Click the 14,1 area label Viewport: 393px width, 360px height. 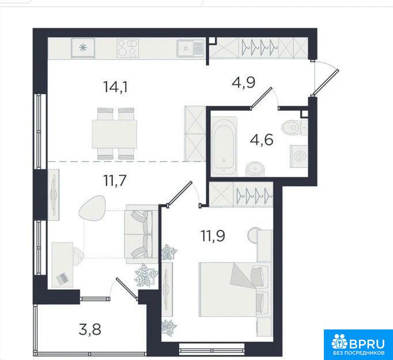click(116, 87)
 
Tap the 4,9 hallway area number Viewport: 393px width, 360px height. click(244, 82)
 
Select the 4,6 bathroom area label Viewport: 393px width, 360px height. click(262, 139)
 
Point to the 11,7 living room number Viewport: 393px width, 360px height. click(115, 180)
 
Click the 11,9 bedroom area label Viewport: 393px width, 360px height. click(213, 236)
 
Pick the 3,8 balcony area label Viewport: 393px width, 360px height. click(90, 329)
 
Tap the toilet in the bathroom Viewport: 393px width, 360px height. click(294, 127)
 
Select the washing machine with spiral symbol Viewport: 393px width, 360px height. click(299, 156)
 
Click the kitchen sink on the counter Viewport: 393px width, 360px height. click(190, 48)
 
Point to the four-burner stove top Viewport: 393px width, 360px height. click(128, 48)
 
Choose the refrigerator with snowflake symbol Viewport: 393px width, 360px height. click(83, 48)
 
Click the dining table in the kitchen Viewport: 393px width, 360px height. click(114, 134)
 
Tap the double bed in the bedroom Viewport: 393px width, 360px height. click(235, 289)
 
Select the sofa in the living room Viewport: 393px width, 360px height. click(142, 234)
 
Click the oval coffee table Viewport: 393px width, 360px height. click(92, 208)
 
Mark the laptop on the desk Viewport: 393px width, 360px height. click(62, 278)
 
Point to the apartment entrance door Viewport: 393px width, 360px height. click(326, 83)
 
